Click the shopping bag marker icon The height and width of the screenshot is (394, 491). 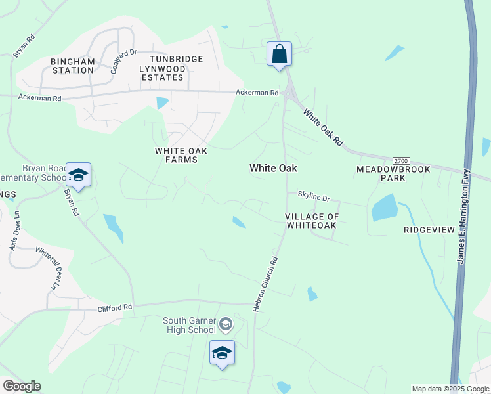pos(279,54)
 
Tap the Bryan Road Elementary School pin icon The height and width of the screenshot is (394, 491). pos(78,175)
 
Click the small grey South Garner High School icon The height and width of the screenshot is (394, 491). pos(226,324)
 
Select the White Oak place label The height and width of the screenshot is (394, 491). pos(273,168)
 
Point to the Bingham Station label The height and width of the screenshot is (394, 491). pos(73,66)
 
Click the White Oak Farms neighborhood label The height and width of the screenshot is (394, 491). pos(181,155)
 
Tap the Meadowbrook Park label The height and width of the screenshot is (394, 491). pos(393,173)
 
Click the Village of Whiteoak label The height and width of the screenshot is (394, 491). pos(312,221)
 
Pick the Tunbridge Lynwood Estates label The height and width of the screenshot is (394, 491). pos(171,68)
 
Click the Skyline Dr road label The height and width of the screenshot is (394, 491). pos(313,196)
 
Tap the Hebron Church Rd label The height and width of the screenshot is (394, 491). pos(266,284)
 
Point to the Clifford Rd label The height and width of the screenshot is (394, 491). pos(115,307)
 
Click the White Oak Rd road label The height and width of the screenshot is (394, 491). pos(323,127)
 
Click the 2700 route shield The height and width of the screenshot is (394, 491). pos(400,161)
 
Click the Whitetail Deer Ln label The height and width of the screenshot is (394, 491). pos(47,268)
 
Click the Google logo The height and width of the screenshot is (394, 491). pos(22,386)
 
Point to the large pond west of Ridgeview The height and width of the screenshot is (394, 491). pos(385,208)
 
